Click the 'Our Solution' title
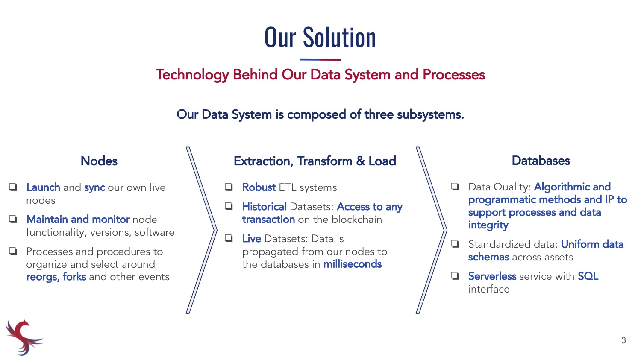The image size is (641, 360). (x=320, y=37)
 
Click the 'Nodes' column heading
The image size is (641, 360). (x=99, y=161)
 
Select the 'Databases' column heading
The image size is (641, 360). (x=541, y=161)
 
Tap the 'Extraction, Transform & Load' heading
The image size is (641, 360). (x=315, y=161)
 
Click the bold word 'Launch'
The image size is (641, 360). (x=43, y=187)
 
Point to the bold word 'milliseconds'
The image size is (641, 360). (x=353, y=264)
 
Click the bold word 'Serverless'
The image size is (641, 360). (x=492, y=276)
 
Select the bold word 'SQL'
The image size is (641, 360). (x=588, y=276)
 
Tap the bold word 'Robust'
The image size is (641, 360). (x=259, y=187)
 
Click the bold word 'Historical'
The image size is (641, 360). (x=265, y=206)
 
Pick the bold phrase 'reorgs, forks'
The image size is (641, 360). (x=56, y=277)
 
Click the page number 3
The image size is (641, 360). (x=623, y=340)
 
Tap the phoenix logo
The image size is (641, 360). (x=24, y=337)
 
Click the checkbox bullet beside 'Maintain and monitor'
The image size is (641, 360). (x=13, y=220)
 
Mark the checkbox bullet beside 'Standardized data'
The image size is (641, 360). (x=455, y=244)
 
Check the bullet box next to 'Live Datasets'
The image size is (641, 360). (x=229, y=238)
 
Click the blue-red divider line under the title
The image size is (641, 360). (x=320, y=59)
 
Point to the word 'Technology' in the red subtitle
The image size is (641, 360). (x=192, y=75)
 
